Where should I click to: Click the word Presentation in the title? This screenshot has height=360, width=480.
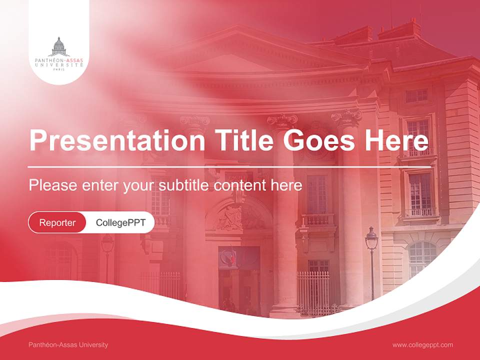[116, 141]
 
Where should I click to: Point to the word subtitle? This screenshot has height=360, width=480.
[184, 185]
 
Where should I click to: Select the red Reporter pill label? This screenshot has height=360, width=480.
[57, 222]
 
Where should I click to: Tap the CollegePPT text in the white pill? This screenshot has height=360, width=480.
[120, 222]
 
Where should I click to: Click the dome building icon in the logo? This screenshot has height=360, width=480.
[59, 46]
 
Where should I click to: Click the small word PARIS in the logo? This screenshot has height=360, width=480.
[59, 69]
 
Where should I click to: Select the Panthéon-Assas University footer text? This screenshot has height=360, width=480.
[68, 344]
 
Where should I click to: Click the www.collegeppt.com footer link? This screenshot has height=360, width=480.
[422, 344]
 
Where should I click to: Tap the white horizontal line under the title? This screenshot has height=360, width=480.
[230, 166]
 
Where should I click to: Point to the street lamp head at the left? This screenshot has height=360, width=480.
[107, 243]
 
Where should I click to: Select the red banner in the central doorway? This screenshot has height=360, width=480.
[228, 258]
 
